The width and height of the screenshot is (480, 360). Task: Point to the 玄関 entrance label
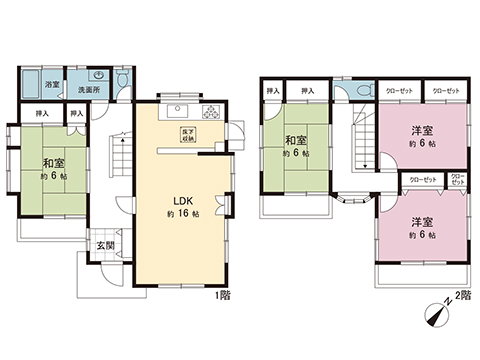click(x=104, y=246)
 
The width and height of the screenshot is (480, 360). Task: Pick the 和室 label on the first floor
click(x=53, y=163)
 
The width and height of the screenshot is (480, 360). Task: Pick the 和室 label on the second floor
click(x=294, y=141)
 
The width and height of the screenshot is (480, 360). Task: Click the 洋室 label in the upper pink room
click(x=420, y=130)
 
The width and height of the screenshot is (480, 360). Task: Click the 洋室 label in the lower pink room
click(x=420, y=221)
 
